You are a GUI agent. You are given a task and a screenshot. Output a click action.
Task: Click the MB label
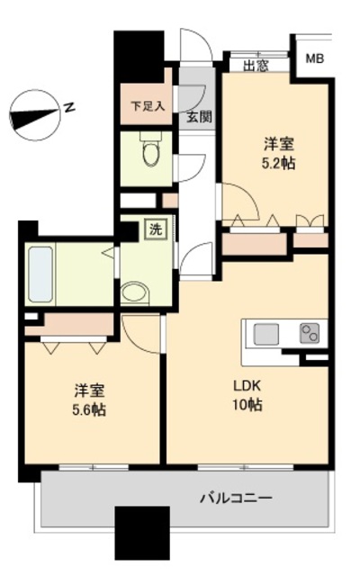314,59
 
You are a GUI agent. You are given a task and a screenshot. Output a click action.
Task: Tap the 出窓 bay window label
255,65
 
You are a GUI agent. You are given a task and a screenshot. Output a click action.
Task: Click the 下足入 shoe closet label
148,105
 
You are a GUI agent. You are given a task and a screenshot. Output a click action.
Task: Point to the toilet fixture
149,153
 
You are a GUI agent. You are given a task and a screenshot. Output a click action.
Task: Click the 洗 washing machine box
156,229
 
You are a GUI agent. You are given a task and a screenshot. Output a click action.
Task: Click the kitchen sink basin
267,334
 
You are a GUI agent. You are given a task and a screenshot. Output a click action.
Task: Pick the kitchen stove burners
309,334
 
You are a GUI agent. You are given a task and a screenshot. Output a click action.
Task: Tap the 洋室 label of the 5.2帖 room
279,144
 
